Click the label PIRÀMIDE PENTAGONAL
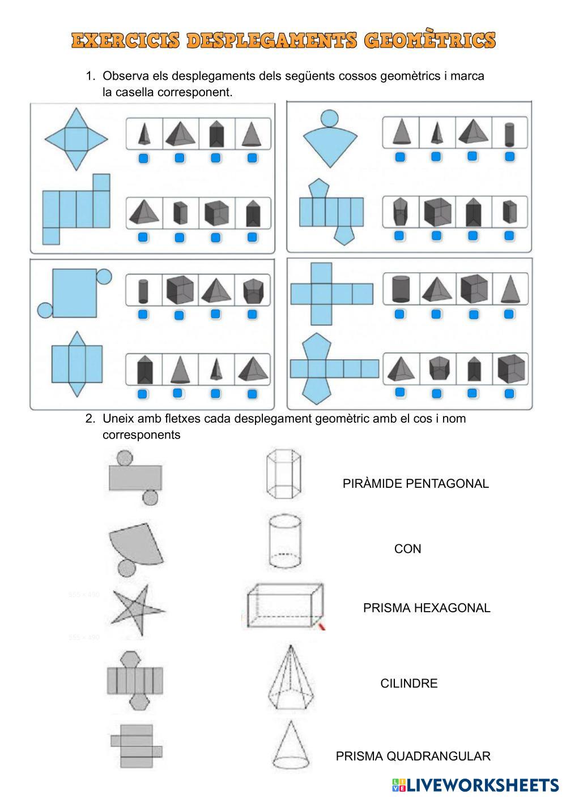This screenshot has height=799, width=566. coord(416,484)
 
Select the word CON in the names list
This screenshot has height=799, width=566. coord(407,548)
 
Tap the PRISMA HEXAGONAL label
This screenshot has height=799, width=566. coord(427,608)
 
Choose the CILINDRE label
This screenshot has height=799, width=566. coord(409,684)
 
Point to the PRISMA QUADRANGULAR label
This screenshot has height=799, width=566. coord(413,756)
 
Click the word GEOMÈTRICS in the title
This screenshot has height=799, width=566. coord(430,40)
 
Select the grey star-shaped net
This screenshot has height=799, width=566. coord(138,610)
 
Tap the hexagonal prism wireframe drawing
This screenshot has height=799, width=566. coord(284,474)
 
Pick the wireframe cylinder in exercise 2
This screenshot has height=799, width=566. coord(284,541)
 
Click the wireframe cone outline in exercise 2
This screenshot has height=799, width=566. coord(291,745)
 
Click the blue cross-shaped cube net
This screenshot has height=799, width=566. coord(332,294)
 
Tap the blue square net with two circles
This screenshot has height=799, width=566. coord(74,293)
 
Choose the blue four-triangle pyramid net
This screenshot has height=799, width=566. coord(76,139)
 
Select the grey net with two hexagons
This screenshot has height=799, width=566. coord(135,681)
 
